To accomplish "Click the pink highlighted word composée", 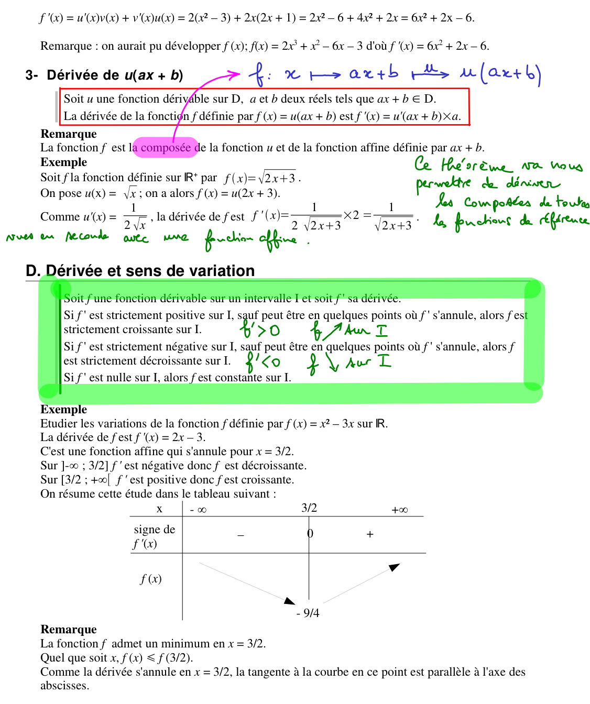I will pos(166,148).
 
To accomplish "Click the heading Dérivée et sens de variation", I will pos(140,271).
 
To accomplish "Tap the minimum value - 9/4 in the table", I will pos(308,613).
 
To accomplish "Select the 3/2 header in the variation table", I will pos(309,508).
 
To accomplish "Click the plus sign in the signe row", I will pos(370,534).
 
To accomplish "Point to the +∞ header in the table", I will pos(399,510).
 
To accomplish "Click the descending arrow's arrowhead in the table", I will pos(290,600).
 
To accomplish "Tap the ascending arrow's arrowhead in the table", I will pos(395,567).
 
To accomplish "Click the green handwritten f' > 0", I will pos(260,331).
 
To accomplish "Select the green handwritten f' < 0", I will pos(263,361).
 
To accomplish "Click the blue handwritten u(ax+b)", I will pos(500,74).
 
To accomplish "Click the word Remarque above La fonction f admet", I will pos(68,629).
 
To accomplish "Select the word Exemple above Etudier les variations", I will pos(63,409).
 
